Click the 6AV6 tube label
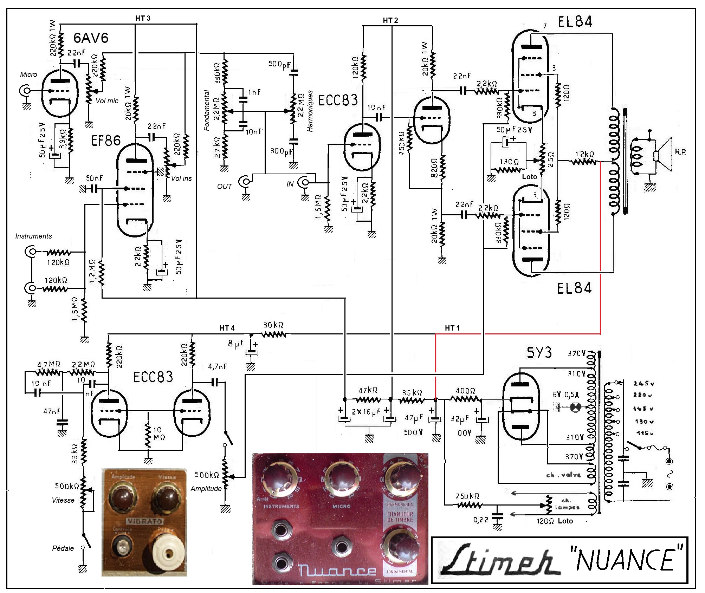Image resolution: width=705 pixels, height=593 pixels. coord(91,38)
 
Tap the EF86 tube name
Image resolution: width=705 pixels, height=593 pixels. coord(106,141)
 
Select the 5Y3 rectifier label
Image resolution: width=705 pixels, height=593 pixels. coord(539,352)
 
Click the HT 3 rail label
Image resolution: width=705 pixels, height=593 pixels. coord(143,18)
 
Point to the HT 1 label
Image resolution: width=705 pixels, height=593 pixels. coord(452,328)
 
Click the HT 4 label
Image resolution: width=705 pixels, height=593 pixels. coord(227,328)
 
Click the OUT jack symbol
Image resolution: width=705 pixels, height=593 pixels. coord(245,182)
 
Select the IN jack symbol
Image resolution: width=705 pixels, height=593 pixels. coord(304,182)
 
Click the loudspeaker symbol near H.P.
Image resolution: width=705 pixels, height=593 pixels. coord(662,155)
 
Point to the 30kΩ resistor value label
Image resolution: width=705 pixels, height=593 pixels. coord(273,325)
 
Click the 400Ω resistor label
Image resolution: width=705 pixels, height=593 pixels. coord(465,391)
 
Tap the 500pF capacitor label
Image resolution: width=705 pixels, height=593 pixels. coord(280,64)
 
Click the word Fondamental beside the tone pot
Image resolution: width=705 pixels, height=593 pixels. coord(207,110)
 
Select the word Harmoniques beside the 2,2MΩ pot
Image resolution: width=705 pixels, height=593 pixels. coord(310,111)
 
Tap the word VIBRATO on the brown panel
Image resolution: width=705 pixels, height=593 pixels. coord(144,521)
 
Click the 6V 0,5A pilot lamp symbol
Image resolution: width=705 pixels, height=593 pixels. coord(575,408)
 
